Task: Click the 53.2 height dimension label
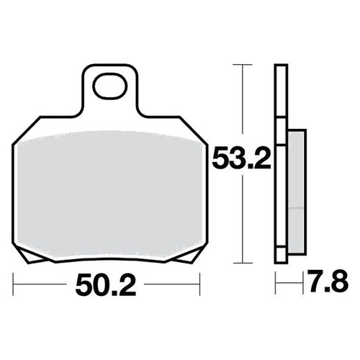pyautogui.click(x=241, y=158)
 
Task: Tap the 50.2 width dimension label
pyautogui.click(x=106, y=285)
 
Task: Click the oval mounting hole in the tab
pyautogui.click(x=111, y=86)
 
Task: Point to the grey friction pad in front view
pyautogui.click(x=110, y=194)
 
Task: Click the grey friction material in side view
pyautogui.click(x=297, y=192)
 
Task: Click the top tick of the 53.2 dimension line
pyautogui.click(x=243, y=65)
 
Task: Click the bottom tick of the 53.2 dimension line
pyautogui.click(x=243, y=263)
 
